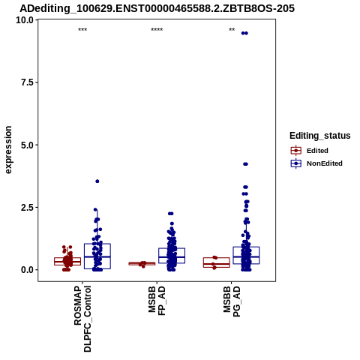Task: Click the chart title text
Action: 157,9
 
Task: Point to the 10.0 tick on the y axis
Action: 25,20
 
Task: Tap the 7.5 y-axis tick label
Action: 27,82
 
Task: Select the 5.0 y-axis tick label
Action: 27,145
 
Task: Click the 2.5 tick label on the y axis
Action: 27,208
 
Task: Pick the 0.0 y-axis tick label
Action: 27,270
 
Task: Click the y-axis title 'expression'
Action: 8,150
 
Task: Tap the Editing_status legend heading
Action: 320,136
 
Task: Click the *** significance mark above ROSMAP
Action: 82,30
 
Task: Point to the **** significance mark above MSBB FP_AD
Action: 157,30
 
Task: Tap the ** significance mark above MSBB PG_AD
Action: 232,30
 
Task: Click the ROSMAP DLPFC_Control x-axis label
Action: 82,319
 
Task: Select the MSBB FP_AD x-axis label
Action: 157,301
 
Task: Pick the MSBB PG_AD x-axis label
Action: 232,301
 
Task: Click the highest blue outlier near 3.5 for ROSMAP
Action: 97,181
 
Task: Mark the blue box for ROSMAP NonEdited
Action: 97,256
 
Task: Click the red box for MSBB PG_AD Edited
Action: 217,262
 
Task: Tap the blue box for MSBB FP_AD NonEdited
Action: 172,256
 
